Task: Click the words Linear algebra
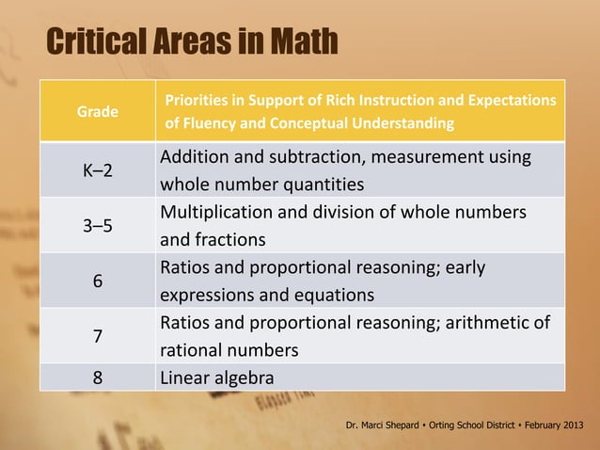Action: [217, 378]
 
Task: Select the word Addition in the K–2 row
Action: [195, 156]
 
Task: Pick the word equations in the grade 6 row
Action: [332, 295]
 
